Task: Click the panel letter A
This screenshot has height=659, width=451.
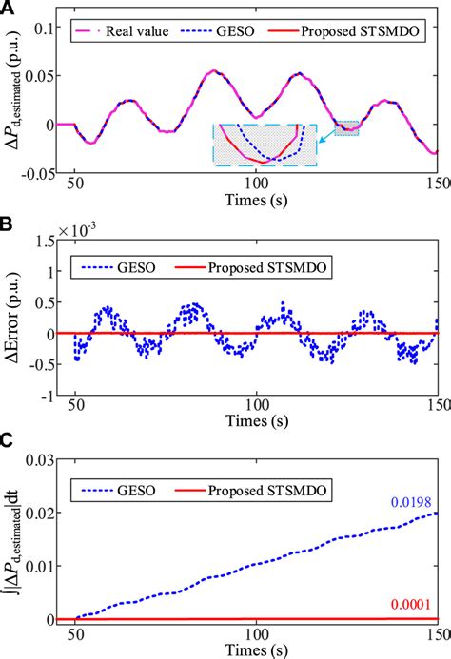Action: [x=9, y=9]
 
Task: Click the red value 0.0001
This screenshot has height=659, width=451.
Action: [x=412, y=604]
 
